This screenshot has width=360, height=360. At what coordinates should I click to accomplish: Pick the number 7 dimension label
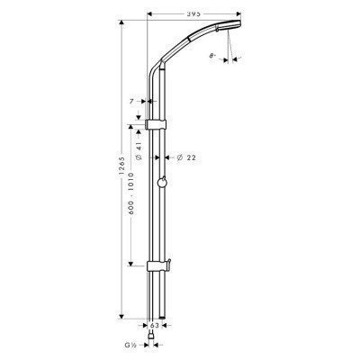coord(130,102)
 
